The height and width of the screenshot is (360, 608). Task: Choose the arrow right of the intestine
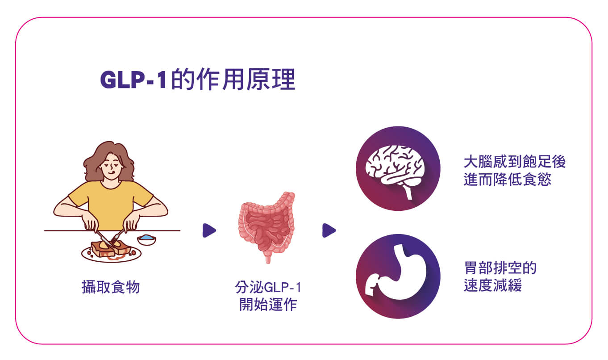(329, 230)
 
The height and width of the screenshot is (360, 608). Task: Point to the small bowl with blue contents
(146, 240)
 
